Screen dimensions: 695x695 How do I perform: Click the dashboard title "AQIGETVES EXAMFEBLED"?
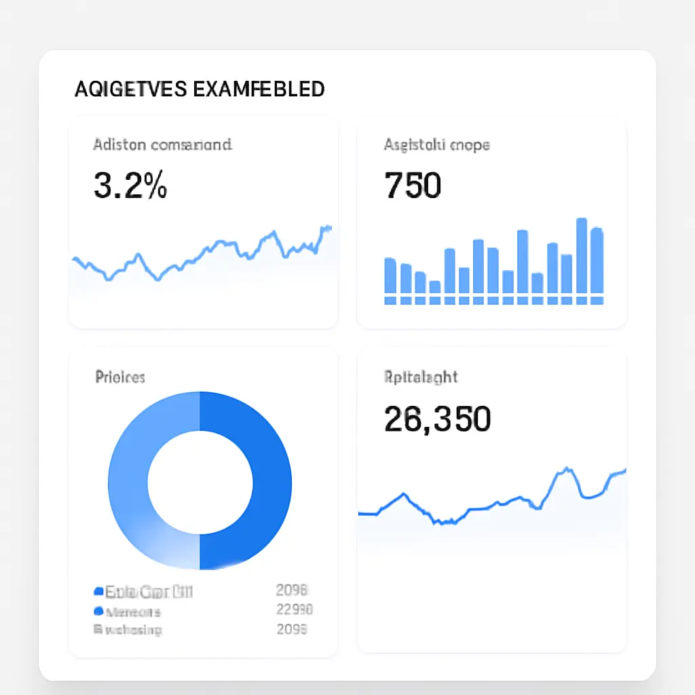coord(199,89)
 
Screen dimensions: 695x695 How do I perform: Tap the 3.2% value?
coord(130,185)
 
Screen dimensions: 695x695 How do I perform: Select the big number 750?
coord(413,185)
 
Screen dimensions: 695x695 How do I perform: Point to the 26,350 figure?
coord(436,419)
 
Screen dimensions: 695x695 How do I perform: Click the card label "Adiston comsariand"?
coord(162,145)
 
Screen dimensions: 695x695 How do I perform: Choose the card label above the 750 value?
coord(436,145)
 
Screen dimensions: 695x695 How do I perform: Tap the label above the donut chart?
coord(120,377)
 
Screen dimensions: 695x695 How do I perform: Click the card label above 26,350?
coord(421,377)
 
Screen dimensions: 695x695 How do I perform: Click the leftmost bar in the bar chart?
coord(390,276)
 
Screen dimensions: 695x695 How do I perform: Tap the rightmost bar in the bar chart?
coord(597,261)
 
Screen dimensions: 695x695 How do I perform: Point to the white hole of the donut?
coord(200,481)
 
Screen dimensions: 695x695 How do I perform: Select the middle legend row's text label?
coord(133,611)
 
